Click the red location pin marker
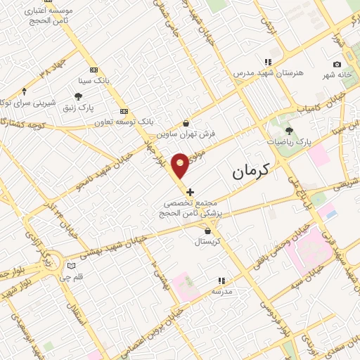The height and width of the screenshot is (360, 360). click(181, 164)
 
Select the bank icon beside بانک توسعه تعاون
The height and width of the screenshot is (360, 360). click(124, 110)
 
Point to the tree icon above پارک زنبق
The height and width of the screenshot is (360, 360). click(78, 96)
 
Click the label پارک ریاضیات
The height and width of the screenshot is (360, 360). click(288, 142)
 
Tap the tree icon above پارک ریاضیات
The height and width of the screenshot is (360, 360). click(289, 130)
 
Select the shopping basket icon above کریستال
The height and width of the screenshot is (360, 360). click(207, 230)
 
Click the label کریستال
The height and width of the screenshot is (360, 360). click(207, 241)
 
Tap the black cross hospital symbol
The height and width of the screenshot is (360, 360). click(190, 191)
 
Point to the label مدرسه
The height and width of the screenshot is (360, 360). click(221, 291)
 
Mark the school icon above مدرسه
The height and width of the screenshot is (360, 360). click(221, 280)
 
